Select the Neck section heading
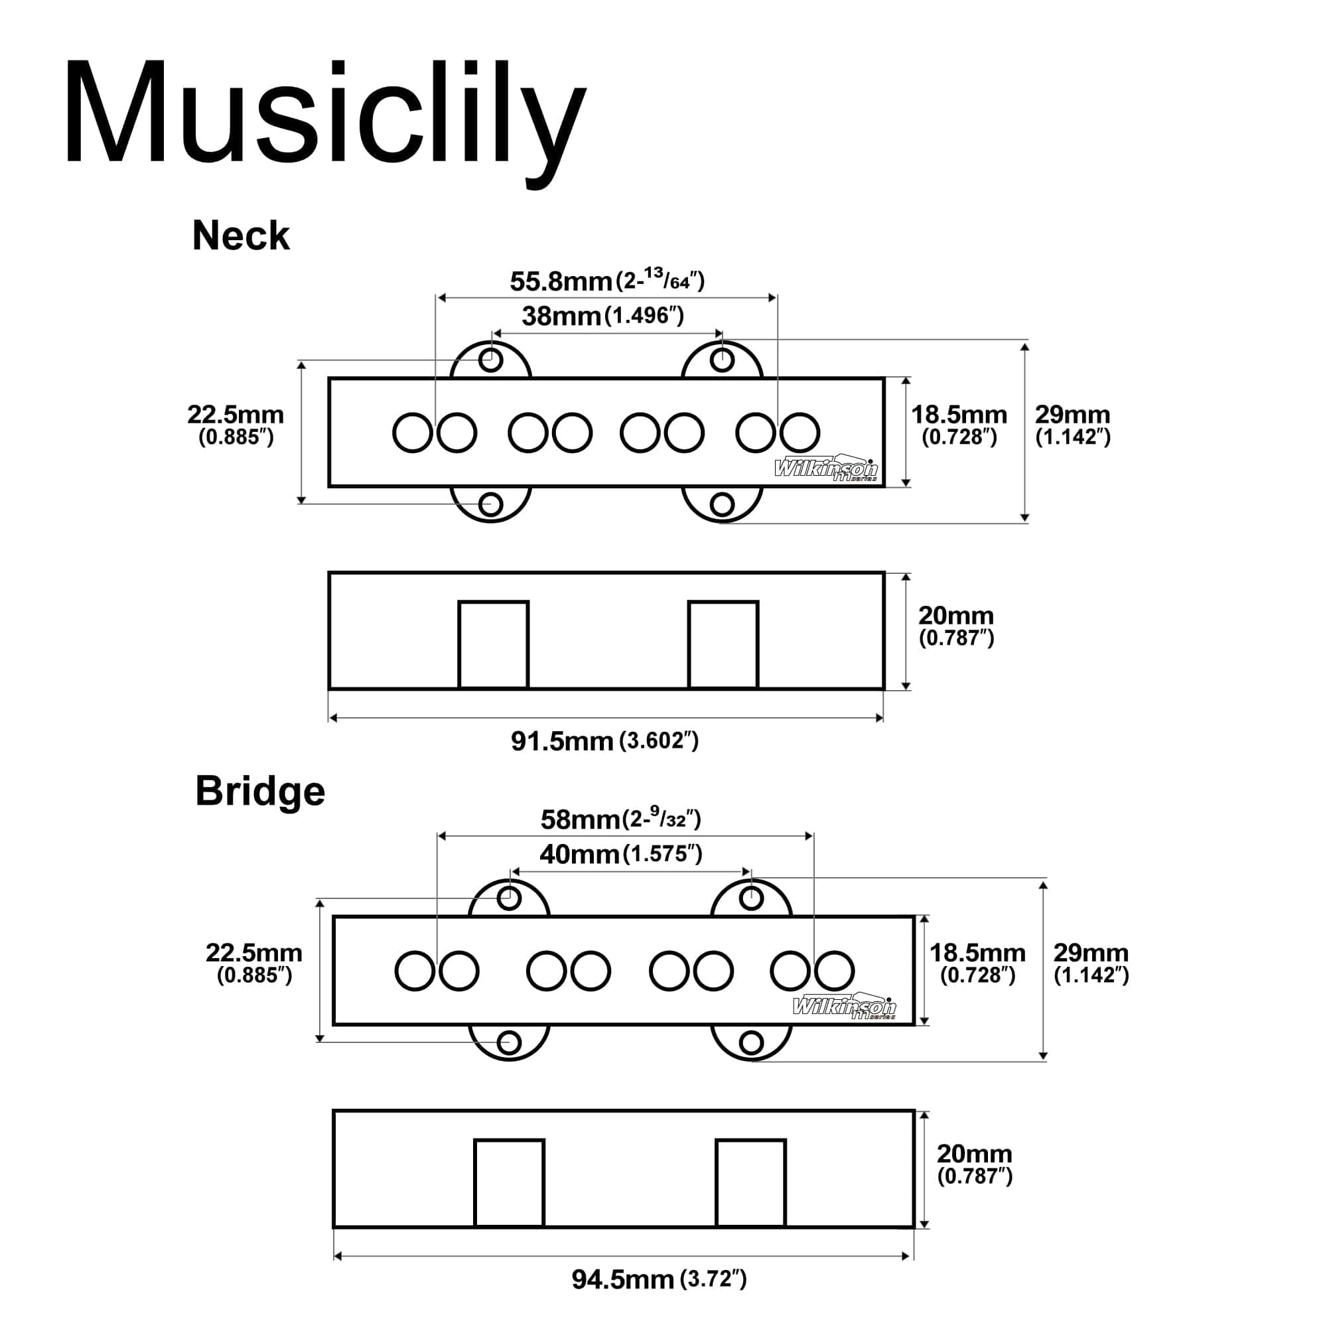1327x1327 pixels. coord(240,236)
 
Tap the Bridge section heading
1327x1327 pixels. coord(259,791)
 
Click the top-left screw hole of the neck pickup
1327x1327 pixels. coord(490,359)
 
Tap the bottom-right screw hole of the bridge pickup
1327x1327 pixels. coord(752,1042)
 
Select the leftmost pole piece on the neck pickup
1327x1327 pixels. coord(412,433)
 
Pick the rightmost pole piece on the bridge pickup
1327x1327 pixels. coord(835,971)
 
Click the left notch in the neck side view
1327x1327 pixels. coord(493,644)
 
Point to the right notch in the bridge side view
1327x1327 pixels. coord(750,1183)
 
